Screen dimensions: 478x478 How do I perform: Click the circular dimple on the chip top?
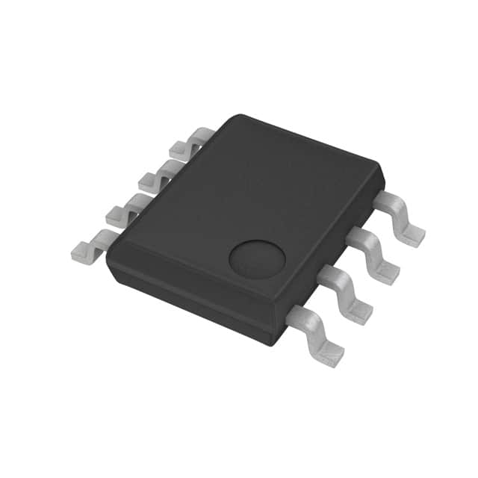(256, 258)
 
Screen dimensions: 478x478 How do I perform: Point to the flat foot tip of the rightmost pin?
(412, 234)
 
